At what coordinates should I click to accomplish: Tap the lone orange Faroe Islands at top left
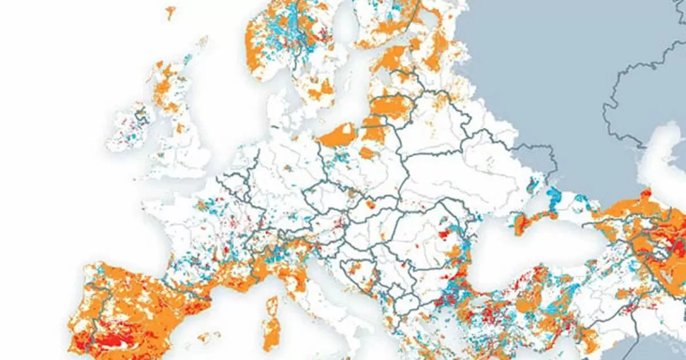pos(170,11)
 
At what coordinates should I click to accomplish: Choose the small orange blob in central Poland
pos(366,153)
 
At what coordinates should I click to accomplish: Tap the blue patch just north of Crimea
pos(553,197)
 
